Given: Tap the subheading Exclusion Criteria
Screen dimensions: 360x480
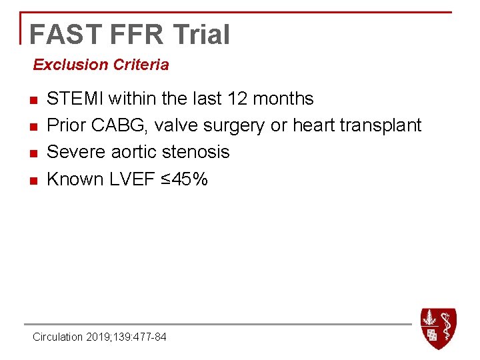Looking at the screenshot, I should pyautogui.click(x=101, y=65).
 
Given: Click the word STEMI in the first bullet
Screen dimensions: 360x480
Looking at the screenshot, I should pyautogui.click(x=75, y=99).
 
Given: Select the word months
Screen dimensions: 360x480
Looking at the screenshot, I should pyautogui.click(x=284, y=99).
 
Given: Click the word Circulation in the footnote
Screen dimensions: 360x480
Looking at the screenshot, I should pyautogui.click(x=58, y=337).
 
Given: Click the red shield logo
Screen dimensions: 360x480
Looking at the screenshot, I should pyautogui.click(x=438, y=328).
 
